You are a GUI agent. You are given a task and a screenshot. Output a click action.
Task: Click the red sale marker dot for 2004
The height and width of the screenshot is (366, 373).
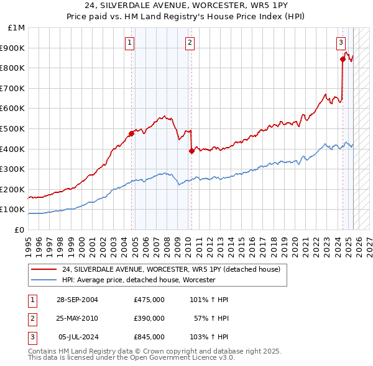132,133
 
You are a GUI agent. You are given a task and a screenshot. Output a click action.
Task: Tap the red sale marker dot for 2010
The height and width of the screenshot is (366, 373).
191,151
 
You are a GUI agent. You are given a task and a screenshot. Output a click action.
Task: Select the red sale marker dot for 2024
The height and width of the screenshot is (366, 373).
343,60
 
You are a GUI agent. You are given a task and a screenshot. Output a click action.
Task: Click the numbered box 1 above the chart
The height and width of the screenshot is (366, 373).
129,43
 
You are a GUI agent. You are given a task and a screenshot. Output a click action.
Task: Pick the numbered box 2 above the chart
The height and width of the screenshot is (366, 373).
189,43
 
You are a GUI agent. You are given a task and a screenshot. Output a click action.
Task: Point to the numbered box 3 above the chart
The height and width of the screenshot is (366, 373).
341,43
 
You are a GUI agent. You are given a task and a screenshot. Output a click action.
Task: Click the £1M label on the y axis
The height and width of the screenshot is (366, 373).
17,28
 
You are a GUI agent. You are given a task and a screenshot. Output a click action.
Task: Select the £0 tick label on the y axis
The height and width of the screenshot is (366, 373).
19,230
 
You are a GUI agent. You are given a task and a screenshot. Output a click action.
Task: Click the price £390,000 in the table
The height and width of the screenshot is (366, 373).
149,318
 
